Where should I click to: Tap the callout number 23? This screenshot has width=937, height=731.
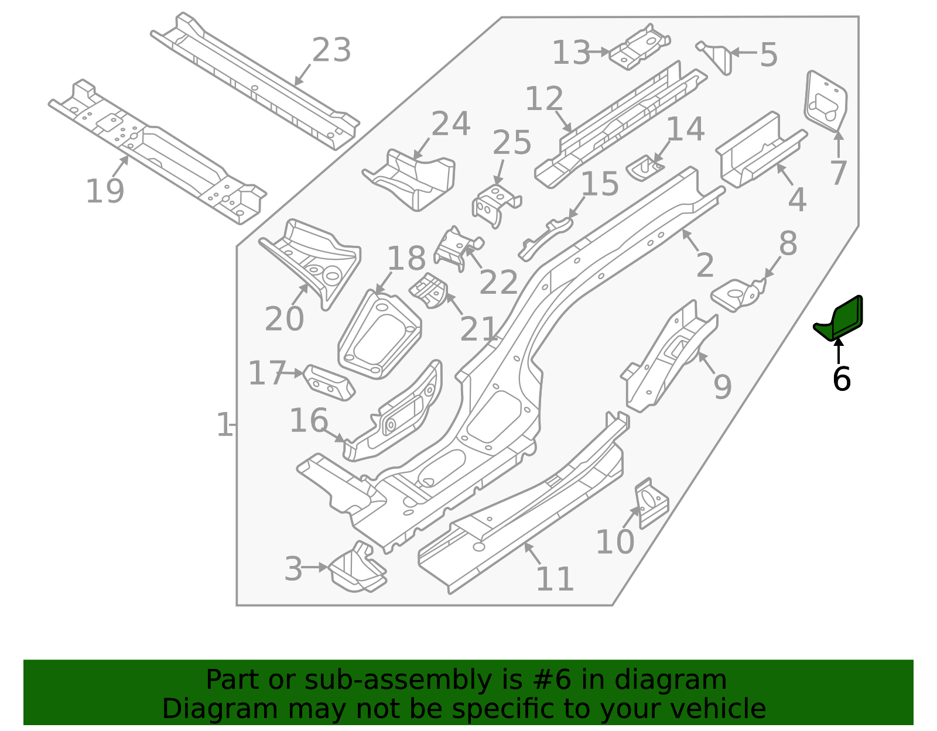click(331, 50)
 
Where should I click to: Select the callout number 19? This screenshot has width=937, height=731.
click(105, 191)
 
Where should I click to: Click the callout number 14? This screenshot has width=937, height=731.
click(685, 129)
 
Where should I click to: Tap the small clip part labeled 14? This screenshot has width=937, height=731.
click(644, 168)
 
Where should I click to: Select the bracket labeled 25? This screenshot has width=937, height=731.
click(497, 205)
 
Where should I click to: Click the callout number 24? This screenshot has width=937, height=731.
click(451, 124)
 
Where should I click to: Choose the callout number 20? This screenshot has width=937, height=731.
click(285, 319)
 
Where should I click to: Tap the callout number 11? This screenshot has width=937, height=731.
click(555, 579)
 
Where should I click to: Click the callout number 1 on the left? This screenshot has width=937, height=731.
click(224, 425)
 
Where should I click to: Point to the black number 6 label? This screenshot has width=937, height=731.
click(842, 379)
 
